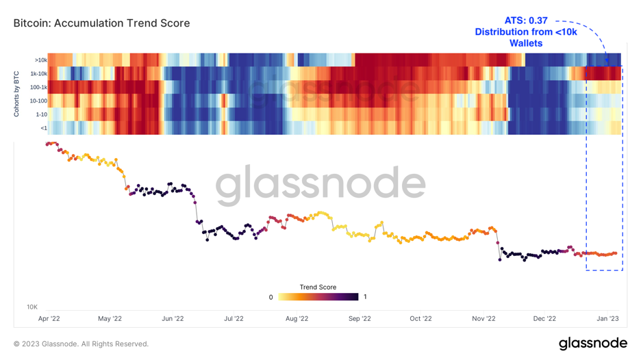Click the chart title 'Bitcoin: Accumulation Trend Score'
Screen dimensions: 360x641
click(102, 23)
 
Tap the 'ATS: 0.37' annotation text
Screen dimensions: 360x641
click(526, 21)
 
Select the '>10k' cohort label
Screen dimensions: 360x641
click(40, 60)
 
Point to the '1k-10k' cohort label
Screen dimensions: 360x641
click(38, 74)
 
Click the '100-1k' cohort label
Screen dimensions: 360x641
click(38, 88)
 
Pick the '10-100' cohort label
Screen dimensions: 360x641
click(38, 101)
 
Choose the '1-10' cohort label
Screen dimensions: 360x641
click(41, 114)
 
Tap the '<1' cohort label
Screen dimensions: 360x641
click(43, 128)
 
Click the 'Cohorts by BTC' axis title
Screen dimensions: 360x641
click(16, 94)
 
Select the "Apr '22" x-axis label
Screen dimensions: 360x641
click(49, 318)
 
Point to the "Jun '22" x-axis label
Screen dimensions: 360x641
click(173, 318)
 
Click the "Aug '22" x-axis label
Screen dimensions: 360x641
click(297, 318)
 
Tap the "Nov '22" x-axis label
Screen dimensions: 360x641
click(483, 318)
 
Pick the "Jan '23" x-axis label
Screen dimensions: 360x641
click(607, 318)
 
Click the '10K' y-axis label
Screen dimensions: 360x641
click(32, 307)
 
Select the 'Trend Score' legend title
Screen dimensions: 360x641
click(318, 287)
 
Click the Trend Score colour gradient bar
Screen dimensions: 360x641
click(318, 297)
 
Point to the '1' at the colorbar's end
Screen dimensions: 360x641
click(365, 297)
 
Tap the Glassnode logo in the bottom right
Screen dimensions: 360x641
click(592, 343)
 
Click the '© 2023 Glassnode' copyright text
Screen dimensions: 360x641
click(81, 344)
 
